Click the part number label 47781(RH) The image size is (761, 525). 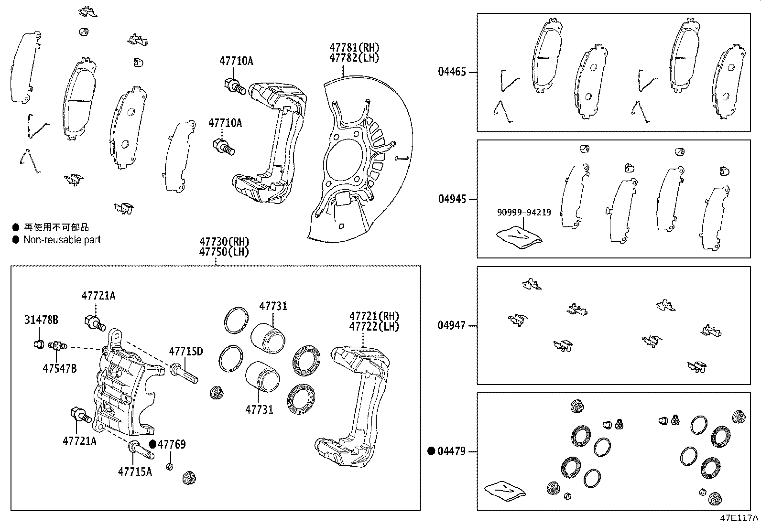354,48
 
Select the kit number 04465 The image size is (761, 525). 452,73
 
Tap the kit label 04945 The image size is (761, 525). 452,199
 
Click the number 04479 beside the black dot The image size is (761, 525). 452,451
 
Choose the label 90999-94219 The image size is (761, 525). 524,213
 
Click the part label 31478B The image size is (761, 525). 42,320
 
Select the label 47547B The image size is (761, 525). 59,368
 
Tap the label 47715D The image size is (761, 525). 185,352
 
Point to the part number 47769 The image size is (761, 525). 172,444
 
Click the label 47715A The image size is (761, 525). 135,471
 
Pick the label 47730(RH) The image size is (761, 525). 224,242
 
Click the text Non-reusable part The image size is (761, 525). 62,240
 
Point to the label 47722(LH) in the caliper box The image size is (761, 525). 374,327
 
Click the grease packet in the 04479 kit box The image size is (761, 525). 504,491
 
